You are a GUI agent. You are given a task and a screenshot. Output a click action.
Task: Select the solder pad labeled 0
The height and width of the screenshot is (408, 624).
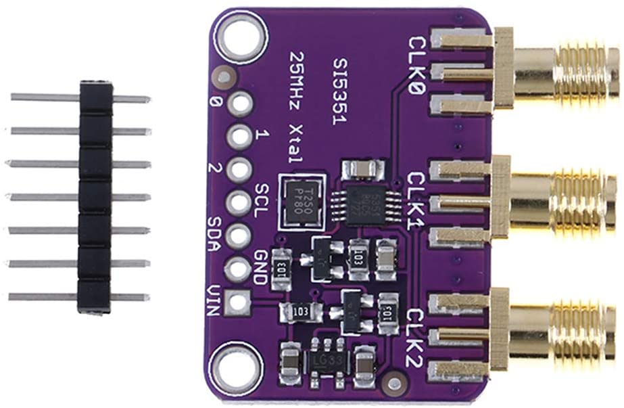click(239, 104)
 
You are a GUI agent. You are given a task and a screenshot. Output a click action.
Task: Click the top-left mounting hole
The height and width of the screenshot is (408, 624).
click(237, 33)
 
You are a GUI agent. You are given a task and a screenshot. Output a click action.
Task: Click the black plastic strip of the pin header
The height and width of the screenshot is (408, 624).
click(94, 196)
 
